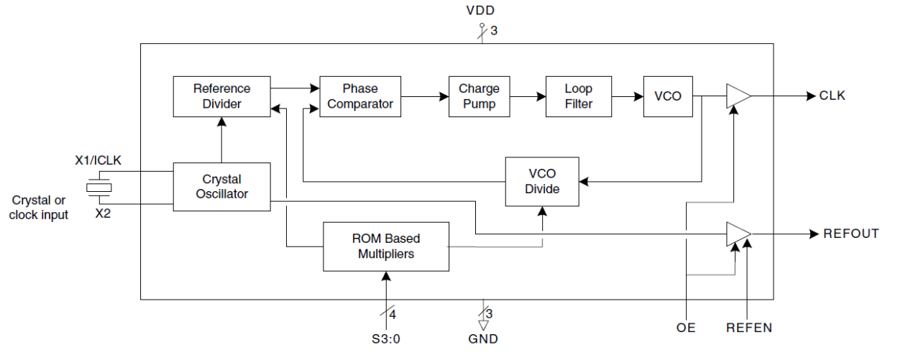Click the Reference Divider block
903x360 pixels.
[221, 96]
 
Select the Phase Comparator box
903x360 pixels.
[359, 96]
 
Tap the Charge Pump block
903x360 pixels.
[479, 96]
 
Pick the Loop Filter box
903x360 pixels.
[578, 96]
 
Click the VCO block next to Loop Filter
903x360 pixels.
[667, 96]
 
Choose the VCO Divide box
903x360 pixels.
[541, 182]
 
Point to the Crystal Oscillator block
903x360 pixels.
[221, 187]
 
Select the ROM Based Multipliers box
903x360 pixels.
[386, 246]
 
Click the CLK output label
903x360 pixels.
[833, 96]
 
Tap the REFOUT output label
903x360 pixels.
[851, 234]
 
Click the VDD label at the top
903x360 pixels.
[480, 11]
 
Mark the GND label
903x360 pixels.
[482, 339]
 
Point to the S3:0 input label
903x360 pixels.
[386, 339]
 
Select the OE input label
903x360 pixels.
[686, 328]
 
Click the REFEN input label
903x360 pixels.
[748, 328]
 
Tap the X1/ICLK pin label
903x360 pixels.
[98, 160]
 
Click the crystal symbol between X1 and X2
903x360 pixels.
[98, 188]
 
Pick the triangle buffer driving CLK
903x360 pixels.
[738, 96]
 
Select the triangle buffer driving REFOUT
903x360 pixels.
[738, 234]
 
